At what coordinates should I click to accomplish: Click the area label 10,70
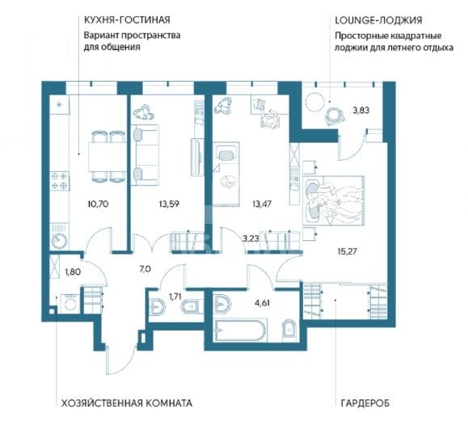tap(98, 204)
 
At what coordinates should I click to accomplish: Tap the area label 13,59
tap(169, 204)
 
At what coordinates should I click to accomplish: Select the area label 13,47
tap(261, 204)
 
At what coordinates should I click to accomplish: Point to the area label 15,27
tap(347, 251)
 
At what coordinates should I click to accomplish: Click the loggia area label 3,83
tap(361, 111)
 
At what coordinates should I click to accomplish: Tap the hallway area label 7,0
tap(145, 269)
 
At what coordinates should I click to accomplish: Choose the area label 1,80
tap(73, 272)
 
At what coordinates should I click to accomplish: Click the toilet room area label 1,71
tap(175, 297)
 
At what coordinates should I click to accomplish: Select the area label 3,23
tap(251, 238)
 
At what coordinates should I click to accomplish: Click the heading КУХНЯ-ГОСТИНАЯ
tap(127, 20)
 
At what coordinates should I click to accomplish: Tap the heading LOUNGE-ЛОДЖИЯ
tap(378, 20)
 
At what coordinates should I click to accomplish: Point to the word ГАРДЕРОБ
tap(365, 403)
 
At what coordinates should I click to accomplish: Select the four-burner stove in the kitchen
tap(59, 181)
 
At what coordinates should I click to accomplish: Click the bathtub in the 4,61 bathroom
tap(239, 331)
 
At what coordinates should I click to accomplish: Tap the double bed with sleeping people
tap(333, 200)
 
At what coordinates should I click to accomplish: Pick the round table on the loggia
tap(314, 101)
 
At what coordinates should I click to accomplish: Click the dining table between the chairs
tap(108, 156)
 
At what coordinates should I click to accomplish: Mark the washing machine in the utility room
tap(70, 304)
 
